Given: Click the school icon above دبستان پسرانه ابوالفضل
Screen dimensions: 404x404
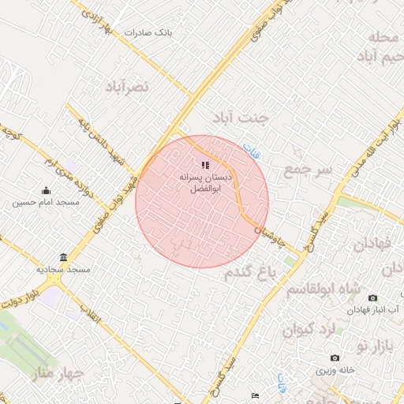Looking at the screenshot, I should (x=205, y=165).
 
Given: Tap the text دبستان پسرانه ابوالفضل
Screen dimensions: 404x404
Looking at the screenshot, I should (x=206, y=183).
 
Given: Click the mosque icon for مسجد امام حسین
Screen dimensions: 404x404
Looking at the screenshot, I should (x=45, y=190).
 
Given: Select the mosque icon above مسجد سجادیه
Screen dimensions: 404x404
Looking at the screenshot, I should (x=63, y=257).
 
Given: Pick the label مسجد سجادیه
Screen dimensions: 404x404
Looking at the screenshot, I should (x=66, y=270).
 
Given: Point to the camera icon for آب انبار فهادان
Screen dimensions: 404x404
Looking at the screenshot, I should (x=372, y=297).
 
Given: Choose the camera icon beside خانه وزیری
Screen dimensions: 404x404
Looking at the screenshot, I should (x=335, y=357).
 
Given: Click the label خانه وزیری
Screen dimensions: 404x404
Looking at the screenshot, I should (x=358, y=369).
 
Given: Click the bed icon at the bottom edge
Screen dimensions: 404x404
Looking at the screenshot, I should (x=254, y=395).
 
